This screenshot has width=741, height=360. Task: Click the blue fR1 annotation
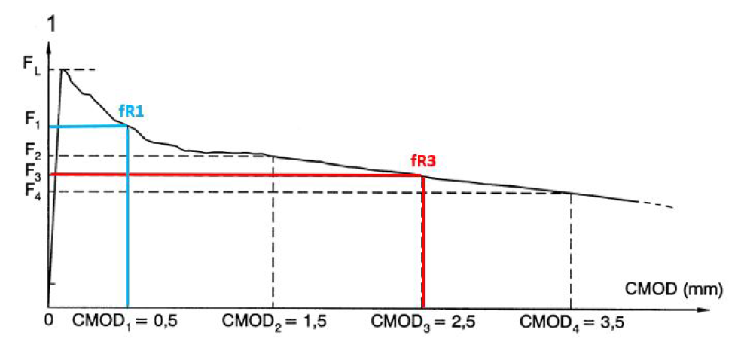pyautogui.click(x=132, y=111)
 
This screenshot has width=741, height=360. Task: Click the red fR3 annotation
pyautogui.click(x=423, y=160)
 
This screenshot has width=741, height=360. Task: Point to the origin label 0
pyautogui.click(x=50, y=319)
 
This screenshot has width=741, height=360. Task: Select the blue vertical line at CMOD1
pyautogui.click(x=127, y=226)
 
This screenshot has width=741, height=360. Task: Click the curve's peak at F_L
pyautogui.click(x=63, y=70)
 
